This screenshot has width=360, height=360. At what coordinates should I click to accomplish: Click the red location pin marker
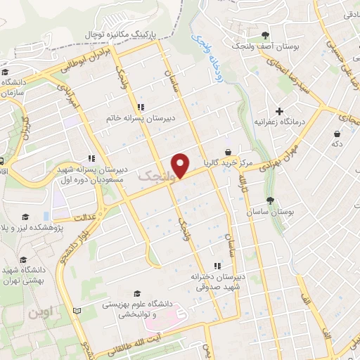click(x=182, y=165)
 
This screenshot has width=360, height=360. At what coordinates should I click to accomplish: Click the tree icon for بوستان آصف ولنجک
click(x=265, y=35)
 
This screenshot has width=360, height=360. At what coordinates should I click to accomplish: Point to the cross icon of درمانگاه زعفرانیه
click(x=280, y=111)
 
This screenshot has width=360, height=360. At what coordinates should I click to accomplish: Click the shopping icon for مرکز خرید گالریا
click(x=227, y=152)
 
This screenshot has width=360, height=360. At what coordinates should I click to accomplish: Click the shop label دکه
click(x=337, y=143)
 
